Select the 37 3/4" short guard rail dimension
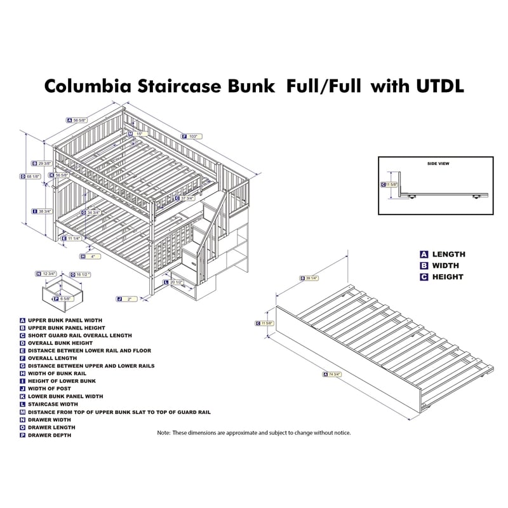185,198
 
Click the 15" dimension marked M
139,134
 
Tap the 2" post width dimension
128,298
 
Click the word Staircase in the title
184,86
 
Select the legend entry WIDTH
445,265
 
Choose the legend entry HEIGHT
448,277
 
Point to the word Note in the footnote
164,432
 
